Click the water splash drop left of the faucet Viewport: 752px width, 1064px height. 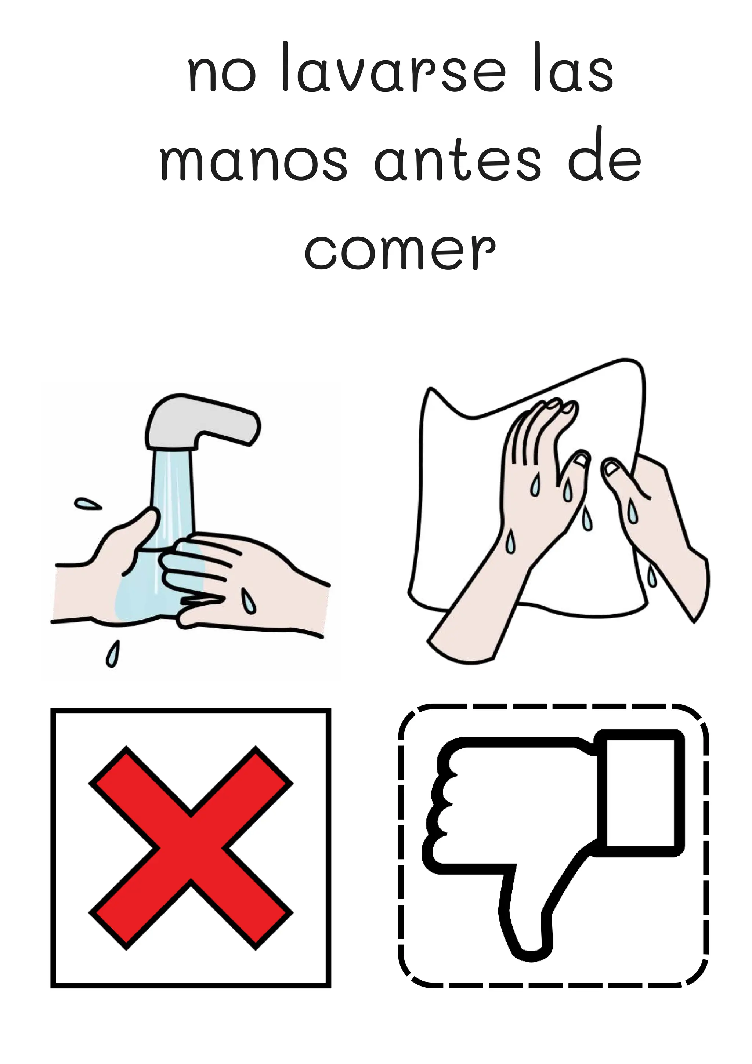click(x=88, y=503)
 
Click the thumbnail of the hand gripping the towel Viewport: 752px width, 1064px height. click(x=613, y=469)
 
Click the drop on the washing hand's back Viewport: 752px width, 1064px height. click(x=250, y=602)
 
